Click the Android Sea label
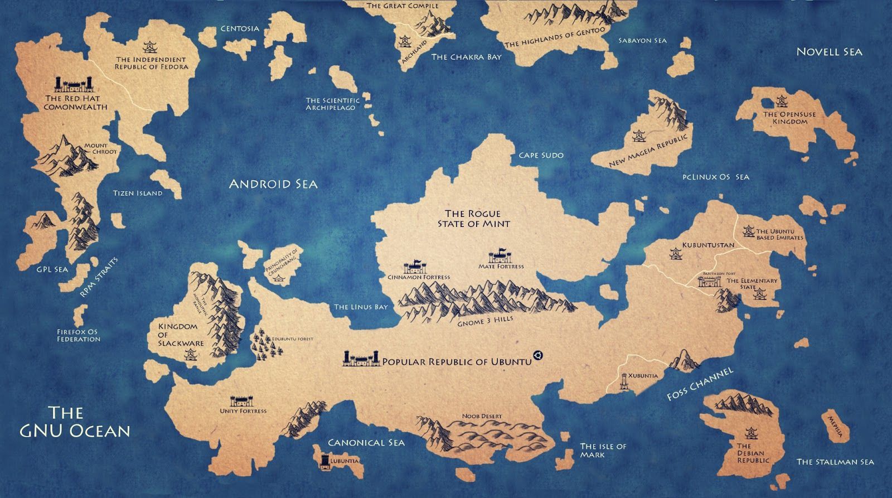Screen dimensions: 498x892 273,184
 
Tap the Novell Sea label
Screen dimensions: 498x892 829,52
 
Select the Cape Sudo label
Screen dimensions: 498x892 541,155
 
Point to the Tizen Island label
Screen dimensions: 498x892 138,193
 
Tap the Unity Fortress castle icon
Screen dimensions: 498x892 242,401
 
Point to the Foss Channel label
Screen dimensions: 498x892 700,384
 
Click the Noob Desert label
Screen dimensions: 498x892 482,416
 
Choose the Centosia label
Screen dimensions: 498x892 240,28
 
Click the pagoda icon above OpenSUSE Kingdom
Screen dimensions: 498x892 781,101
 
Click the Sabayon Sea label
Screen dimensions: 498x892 642,40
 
